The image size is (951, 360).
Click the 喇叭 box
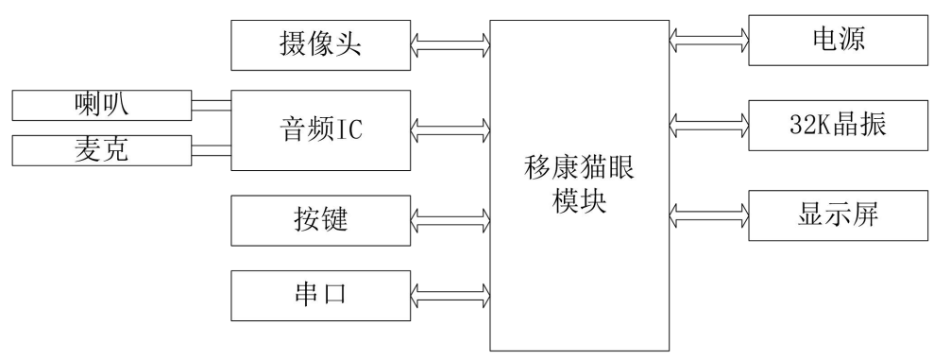click(100, 105)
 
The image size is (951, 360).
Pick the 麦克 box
click(100, 149)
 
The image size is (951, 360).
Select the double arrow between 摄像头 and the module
click(450, 43)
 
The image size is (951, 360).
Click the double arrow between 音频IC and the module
click(450, 125)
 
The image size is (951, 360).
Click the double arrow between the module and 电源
click(709, 40)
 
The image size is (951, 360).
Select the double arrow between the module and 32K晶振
click(709, 122)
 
